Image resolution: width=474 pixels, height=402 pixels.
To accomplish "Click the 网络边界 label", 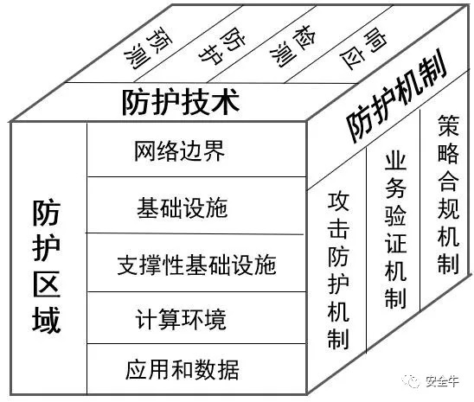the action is [180, 150].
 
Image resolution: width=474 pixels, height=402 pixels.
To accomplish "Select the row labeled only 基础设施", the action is [183, 208].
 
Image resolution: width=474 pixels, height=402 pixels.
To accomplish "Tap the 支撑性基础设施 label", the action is [197, 265].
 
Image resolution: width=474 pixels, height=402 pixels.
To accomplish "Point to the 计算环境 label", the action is [181, 319].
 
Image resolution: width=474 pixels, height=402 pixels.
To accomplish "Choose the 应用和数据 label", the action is [183, 370].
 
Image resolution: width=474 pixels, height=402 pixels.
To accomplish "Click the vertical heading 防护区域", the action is [47, 265].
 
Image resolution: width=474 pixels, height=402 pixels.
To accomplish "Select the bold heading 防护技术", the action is [181, 101].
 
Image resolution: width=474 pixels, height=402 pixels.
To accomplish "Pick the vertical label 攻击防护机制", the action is [338, 271].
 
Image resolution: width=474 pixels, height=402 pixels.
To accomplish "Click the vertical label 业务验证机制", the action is [395, 231].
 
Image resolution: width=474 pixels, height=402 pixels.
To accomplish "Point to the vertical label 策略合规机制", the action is [449, 195].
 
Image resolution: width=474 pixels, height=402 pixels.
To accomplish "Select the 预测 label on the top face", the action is [148, 48].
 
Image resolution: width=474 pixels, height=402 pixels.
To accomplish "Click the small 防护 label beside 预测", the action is [222, 46].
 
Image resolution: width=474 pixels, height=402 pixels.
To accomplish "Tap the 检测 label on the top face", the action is [293, 46].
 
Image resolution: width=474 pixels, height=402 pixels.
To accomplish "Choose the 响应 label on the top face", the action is [363, 48].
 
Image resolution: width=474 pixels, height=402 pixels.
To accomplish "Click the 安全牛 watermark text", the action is [442, 381].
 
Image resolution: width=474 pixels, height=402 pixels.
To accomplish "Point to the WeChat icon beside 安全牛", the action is [413, 381].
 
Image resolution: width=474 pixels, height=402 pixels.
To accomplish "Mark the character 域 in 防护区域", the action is [47, 320].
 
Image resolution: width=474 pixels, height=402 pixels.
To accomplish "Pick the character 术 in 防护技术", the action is [226, 101].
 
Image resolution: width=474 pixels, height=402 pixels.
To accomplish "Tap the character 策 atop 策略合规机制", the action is [449, 125].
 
